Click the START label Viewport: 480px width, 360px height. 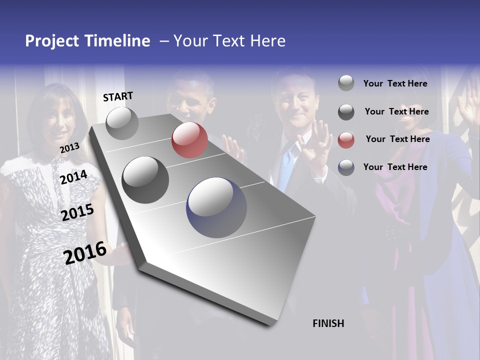[118, 96]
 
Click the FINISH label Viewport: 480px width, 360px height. [328, 323]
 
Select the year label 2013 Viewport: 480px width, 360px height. [69, 148]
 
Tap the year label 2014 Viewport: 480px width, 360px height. [74, 177]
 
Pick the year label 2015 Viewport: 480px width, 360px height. [77, 212]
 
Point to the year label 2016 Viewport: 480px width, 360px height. [85, 252]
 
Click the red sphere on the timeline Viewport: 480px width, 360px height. [189, 140]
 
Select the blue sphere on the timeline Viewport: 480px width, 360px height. [216, 207]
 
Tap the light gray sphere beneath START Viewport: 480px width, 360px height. [122, 123]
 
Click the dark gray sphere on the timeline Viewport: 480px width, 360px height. [145, 180]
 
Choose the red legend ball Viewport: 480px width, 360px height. [346, 140]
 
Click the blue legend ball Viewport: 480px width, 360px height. [346, 167]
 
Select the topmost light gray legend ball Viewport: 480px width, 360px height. [346, 83]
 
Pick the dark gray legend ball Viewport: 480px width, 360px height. [346, 112]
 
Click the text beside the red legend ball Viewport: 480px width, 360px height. [397, 139]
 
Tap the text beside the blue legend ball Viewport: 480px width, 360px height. [395, 167]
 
